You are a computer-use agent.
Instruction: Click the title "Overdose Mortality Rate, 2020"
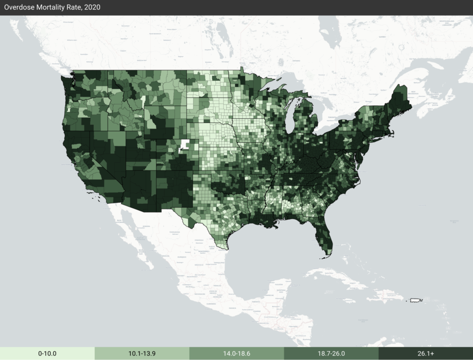[x=53, y=7]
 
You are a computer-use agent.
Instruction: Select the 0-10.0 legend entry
[x=47, y=354]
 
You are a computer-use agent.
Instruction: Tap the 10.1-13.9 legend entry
[x=142, y=354]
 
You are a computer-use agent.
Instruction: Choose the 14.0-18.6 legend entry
[x=236, y=354]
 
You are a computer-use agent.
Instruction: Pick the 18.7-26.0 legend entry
[x=331, y=354]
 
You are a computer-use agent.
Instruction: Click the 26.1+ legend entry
[x=425, y=354]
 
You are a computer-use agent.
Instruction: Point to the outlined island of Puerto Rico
[x=415, y=300]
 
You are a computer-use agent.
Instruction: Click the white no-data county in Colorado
[x=185, y=145]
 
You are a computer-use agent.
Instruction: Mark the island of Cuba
[x=342, y=278]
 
